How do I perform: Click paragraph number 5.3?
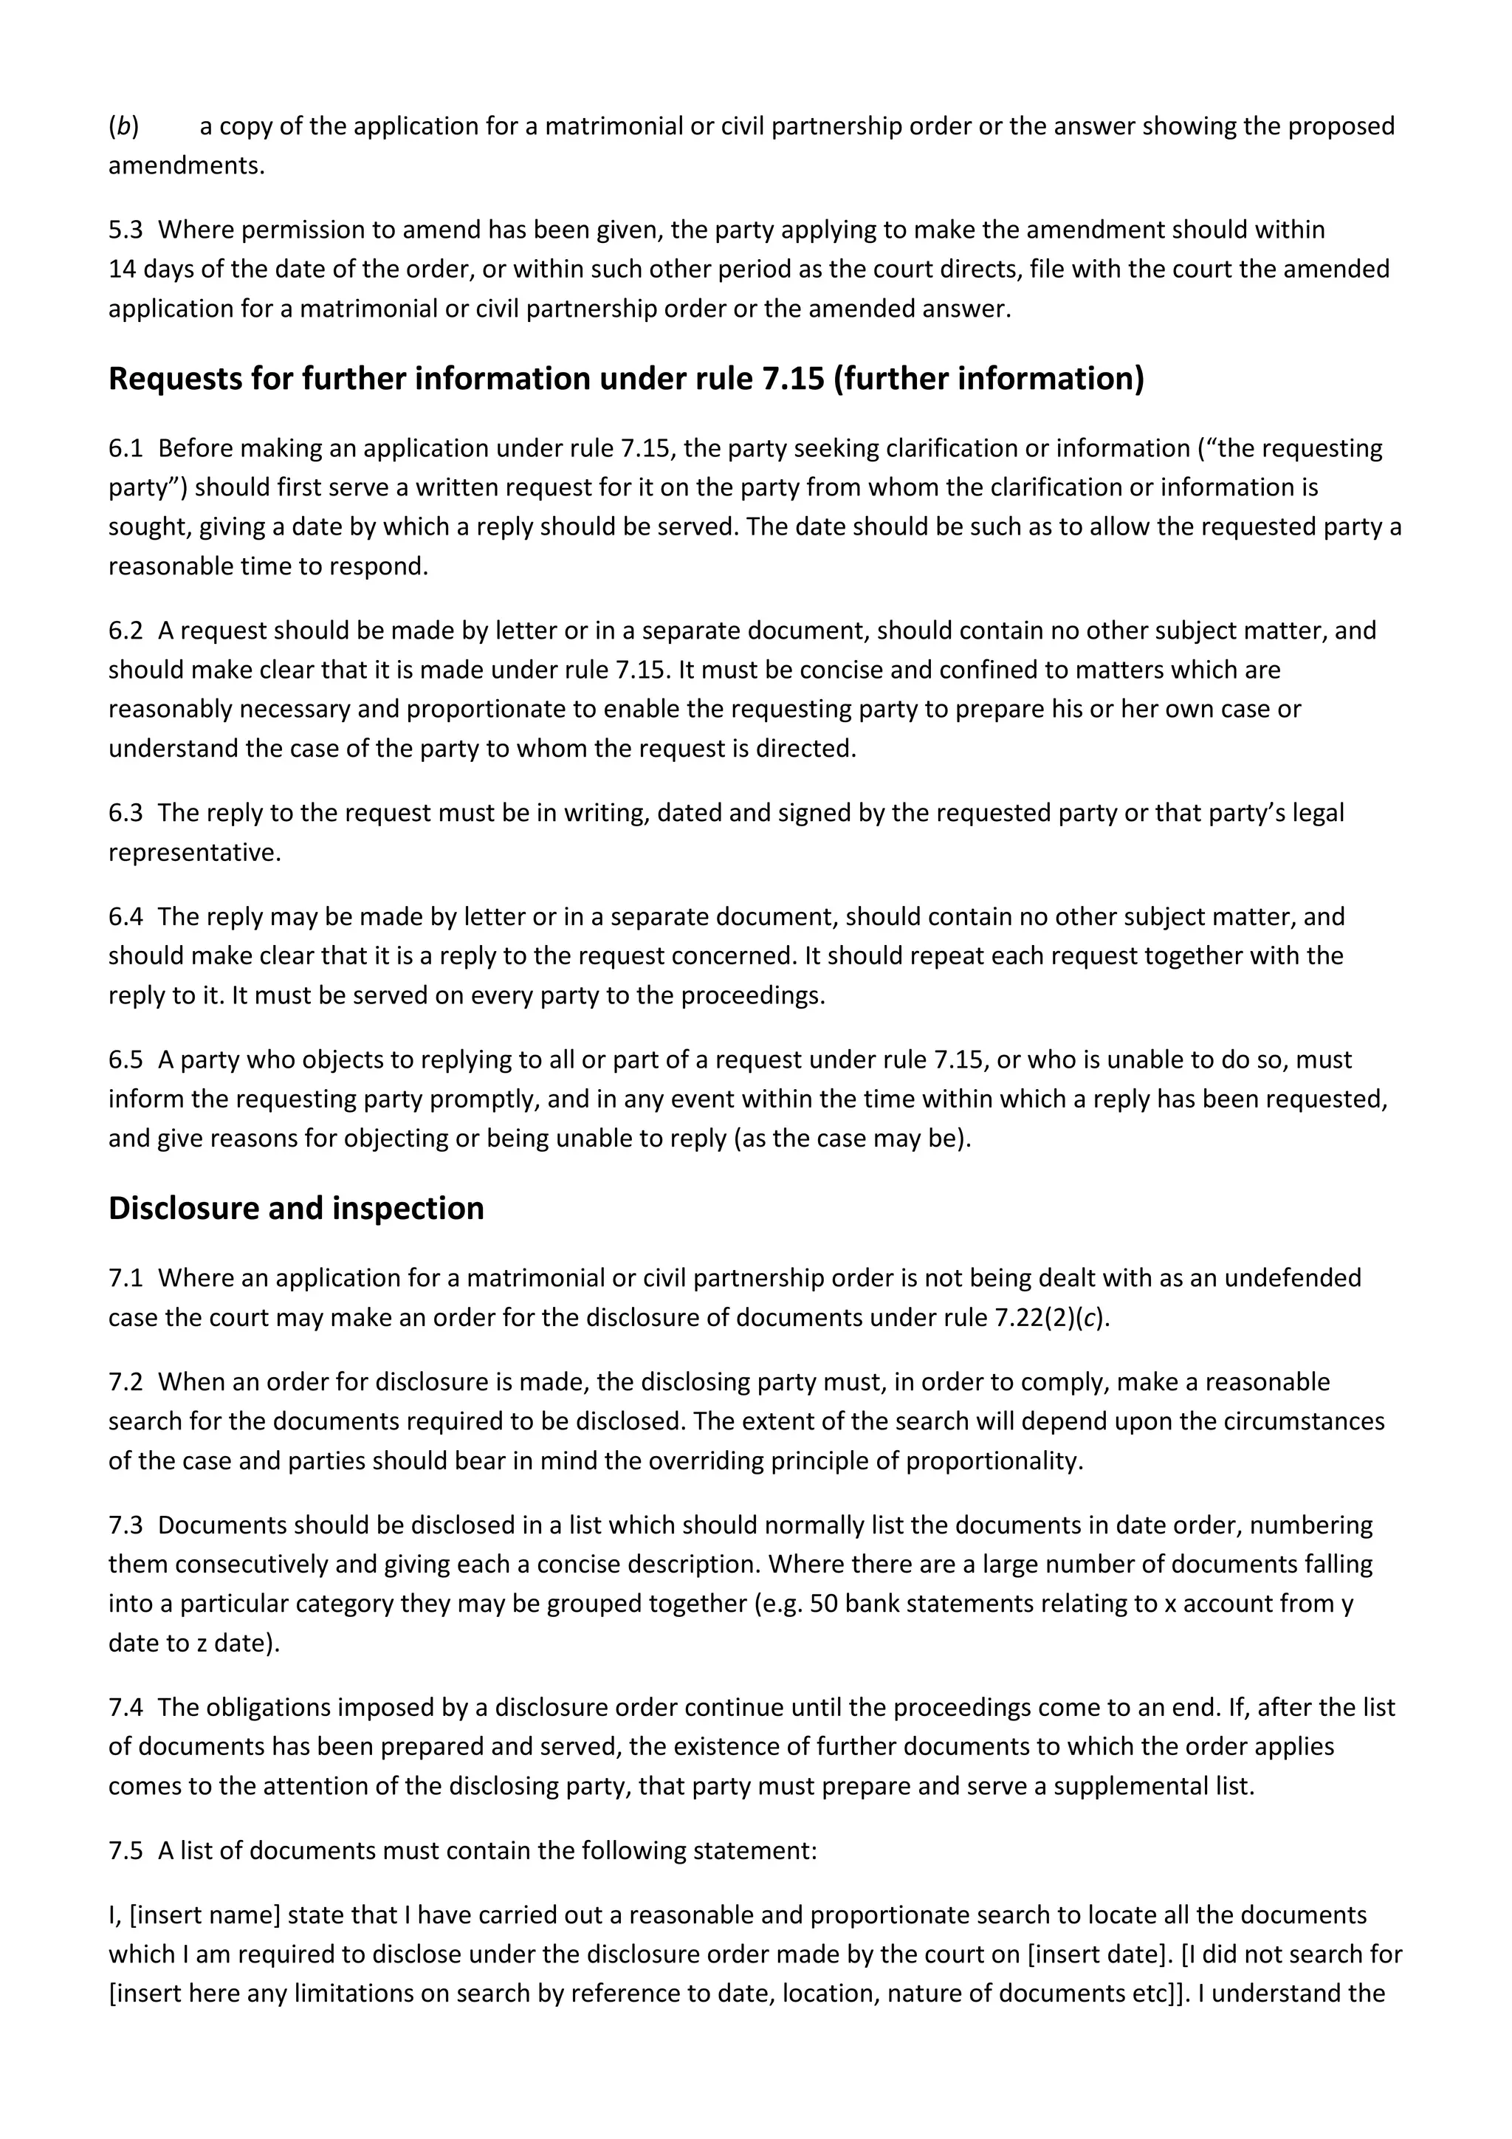[125, 230]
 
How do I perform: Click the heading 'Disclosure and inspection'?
[296, 1209]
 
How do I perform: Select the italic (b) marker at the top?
[123, 127]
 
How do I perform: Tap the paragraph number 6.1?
[125, 449]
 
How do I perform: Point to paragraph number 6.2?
[125, 631]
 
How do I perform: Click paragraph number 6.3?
[125, 814]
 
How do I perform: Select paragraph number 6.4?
[125, 917]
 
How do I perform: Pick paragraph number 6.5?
[125, 1060]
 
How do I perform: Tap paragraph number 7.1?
[125, 1278]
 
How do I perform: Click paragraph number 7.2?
[125, 1381]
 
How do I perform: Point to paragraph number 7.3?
[125, 1525]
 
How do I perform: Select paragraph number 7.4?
[125, 1708]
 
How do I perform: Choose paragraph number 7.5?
[125, 1850]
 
